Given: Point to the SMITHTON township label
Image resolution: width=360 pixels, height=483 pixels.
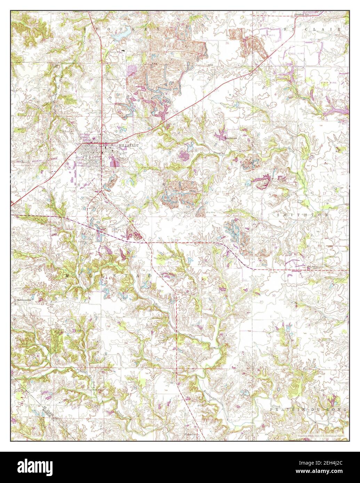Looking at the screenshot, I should pos(302,215).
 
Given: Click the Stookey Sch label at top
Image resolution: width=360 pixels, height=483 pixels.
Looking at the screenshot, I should pos(302,15).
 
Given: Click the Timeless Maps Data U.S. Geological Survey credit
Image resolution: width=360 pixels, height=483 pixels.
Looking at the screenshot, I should pos(320,435).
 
